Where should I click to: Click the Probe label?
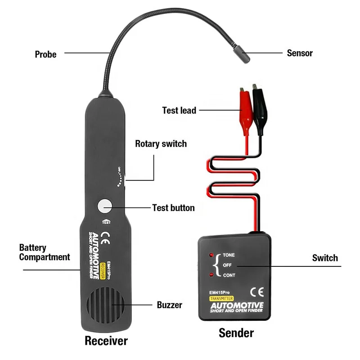click(46, 54)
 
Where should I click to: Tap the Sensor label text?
click(300, 53)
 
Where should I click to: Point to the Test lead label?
click(179, 110)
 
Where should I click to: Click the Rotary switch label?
click(161, 144)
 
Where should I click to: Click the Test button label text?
click(173, 208)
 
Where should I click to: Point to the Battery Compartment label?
click(45, 252)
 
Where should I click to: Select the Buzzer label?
click(169, 305)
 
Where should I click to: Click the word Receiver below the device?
click(107, 341)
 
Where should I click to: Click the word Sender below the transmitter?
click(236, 333)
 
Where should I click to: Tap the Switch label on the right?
click(325, 258)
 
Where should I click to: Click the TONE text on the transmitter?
click(229, 255)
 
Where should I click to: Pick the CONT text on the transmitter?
click(229, 275)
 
